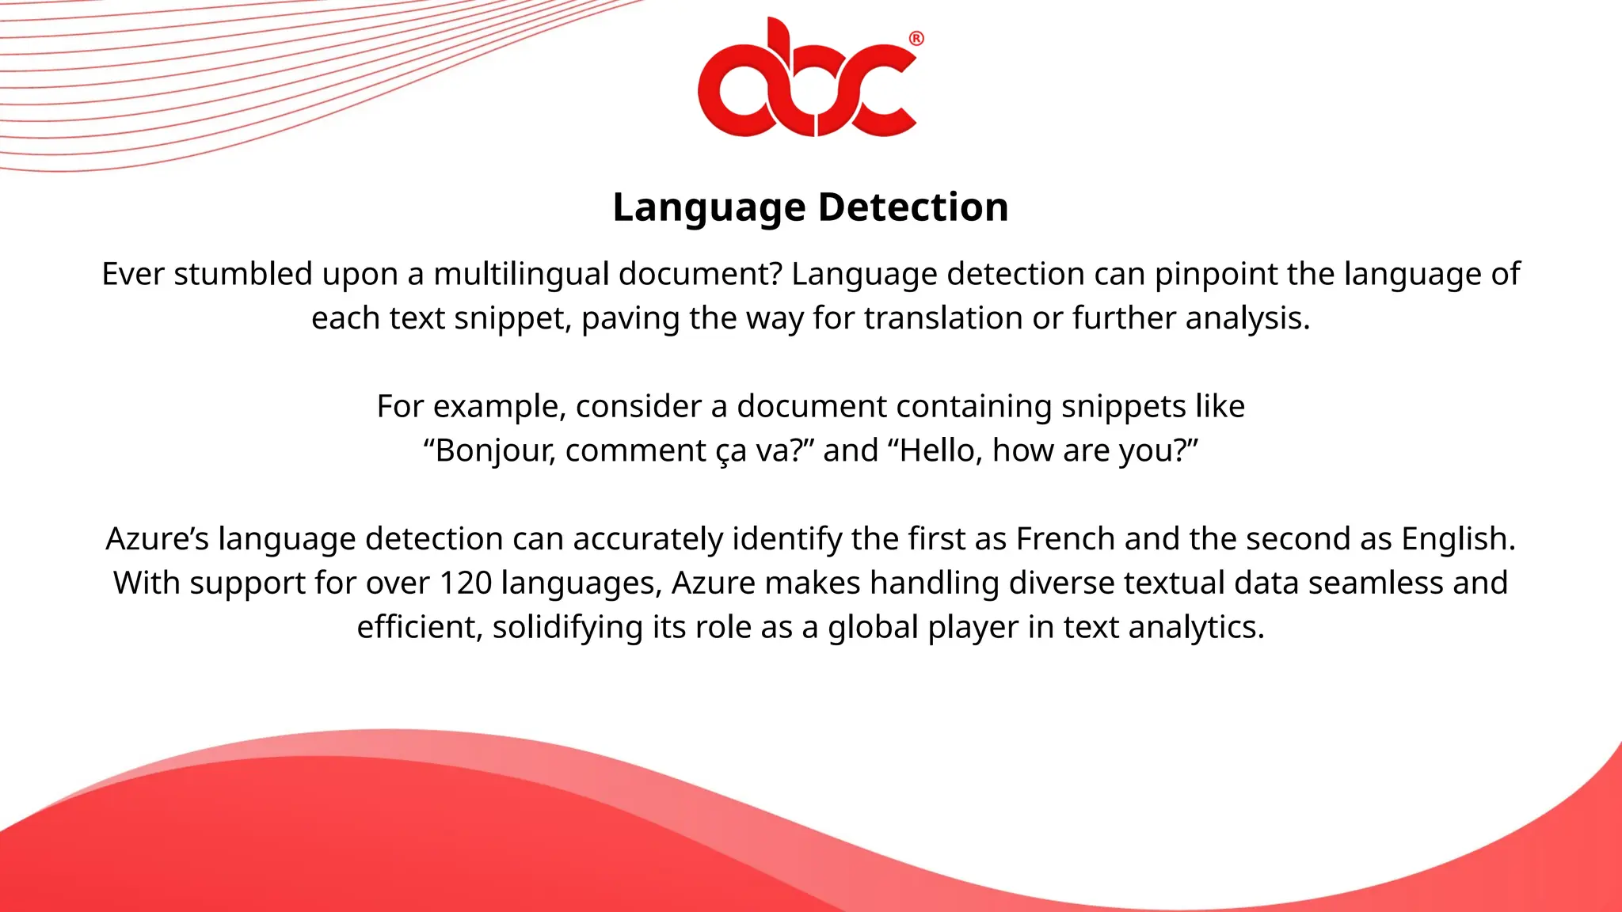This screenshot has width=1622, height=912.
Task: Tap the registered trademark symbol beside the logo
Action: tap(916, 39)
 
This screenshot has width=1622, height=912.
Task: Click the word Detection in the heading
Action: tap(912, 207)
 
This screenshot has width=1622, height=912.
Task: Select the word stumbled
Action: tap(244, 274)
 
